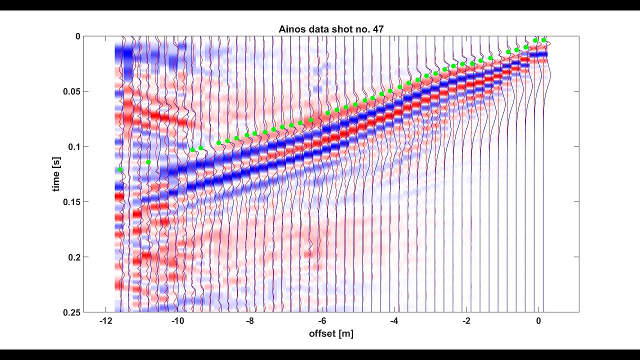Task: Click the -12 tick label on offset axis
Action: coord(105,321)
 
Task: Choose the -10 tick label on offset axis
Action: coord(177,321)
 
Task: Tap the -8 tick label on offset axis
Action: coord(250,321)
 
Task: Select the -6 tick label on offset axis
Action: coord(322,321)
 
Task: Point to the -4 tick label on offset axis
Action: coord(394,321)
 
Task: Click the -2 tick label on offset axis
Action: coord(466,321)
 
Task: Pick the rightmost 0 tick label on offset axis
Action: coord(538,321)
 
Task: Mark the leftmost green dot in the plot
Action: coord(120,169)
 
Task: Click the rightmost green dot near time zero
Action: coord(544,40)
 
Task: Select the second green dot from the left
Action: coord(148,162)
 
